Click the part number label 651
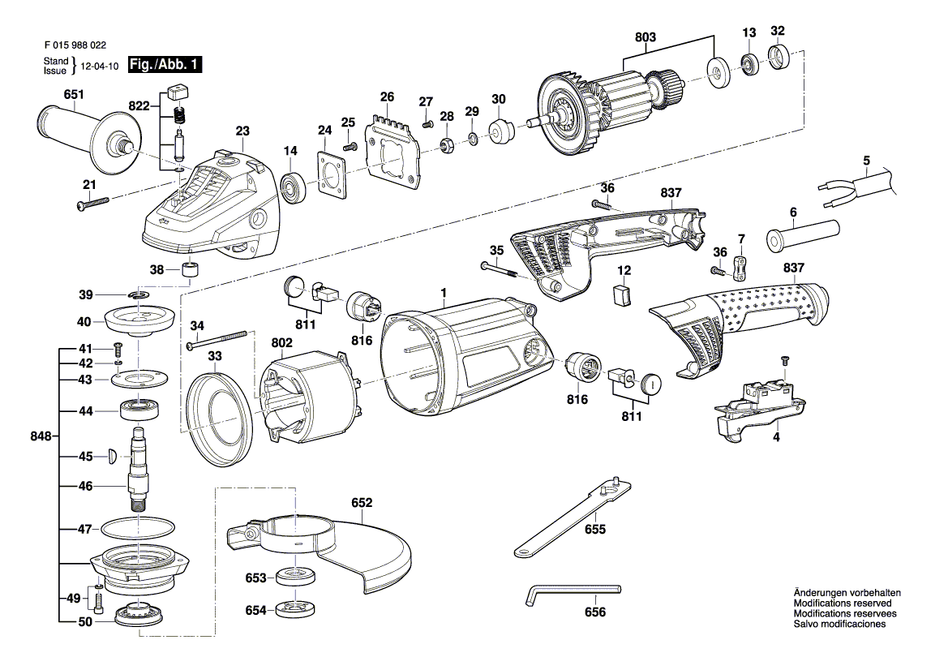point(73,95)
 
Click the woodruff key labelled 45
point(113,456)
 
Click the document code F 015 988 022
point(74,46)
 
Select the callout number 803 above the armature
point(646,37)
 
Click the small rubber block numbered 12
point(622,295)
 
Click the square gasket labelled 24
point(329,174)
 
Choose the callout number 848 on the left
point(38,436)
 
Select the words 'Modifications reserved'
point(843,603)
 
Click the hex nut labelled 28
point(445,144)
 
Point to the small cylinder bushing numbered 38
point(191,270)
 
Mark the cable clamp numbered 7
point(740,265)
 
